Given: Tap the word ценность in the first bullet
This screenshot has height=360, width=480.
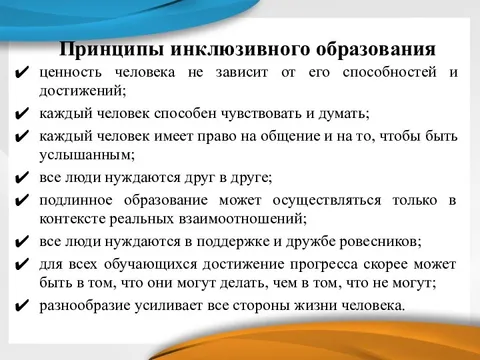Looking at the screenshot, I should click(71, 72).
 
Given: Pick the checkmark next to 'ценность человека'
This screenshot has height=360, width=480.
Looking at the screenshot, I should click(22, 73).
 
